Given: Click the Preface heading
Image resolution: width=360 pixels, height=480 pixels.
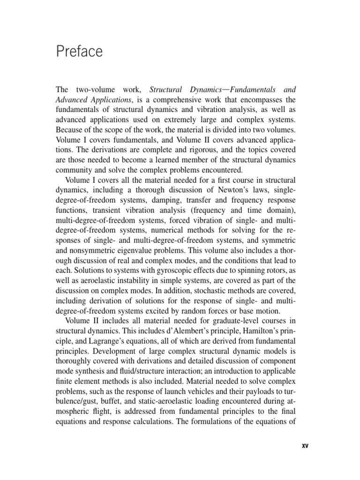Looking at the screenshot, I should (x=79, y=51).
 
